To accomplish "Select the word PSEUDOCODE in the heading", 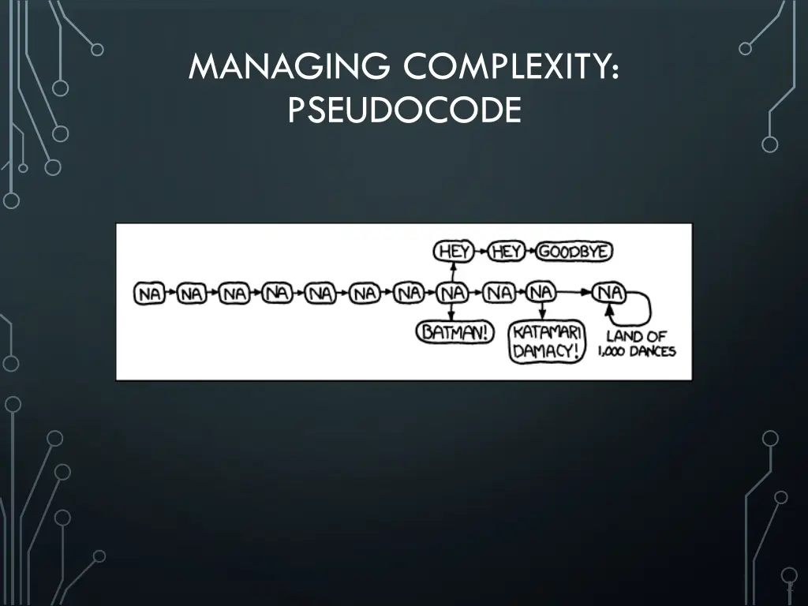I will tap(404, 109).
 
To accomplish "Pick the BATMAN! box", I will tap(454, 332).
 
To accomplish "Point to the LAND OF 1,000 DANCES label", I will tap(637, 343).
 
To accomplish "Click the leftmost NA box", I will tap(150, 294).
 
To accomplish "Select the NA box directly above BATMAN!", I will tap(454, 294).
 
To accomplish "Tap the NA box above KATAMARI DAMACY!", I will tap(541, 294).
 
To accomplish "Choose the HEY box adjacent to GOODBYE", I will tap(506, 252).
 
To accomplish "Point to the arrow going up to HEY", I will tap(454, 272).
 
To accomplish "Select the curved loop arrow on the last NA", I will tap(643, 305).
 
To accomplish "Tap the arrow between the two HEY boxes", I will tap(480, 252).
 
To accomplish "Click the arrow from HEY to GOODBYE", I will tap(531, 252).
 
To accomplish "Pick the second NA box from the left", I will tap(192, 294).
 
